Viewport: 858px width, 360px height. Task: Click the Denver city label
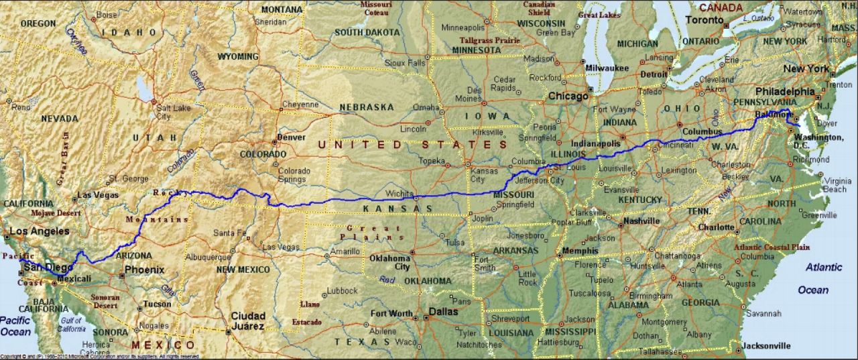(x=292, y=137)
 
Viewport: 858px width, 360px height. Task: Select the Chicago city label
(x=568, y=96)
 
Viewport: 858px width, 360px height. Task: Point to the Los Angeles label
(x=40, y=231)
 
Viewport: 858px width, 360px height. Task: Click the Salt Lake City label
(x=173, y=112)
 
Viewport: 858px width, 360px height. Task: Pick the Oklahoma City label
(x=392, y=262)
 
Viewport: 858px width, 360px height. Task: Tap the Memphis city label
(x=581, y=251)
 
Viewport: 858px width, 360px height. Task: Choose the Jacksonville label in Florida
(x=766, y=346)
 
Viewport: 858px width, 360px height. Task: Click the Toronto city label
(x=704, y=20)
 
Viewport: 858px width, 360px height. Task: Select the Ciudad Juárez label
(x=248, y=320)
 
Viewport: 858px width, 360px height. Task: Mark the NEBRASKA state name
(x=367, y=107)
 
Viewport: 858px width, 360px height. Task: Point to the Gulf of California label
(x=71, y=324)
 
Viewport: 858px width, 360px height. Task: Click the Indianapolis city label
(x=595, y=143)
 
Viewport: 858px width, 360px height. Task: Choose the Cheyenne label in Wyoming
(x=300, y=105)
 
